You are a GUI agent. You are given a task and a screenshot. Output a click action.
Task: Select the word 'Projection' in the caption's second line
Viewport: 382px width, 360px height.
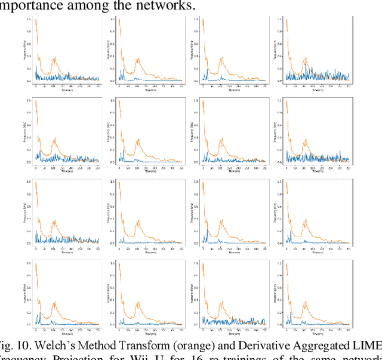click(78, 356)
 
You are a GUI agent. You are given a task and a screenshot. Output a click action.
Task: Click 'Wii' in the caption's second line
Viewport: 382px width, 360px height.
click(138, 356)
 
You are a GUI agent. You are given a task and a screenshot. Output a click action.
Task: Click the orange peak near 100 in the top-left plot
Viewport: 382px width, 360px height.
click(55, 58)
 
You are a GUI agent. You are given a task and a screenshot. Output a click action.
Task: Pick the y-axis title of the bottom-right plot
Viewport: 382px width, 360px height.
click(278, 293)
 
